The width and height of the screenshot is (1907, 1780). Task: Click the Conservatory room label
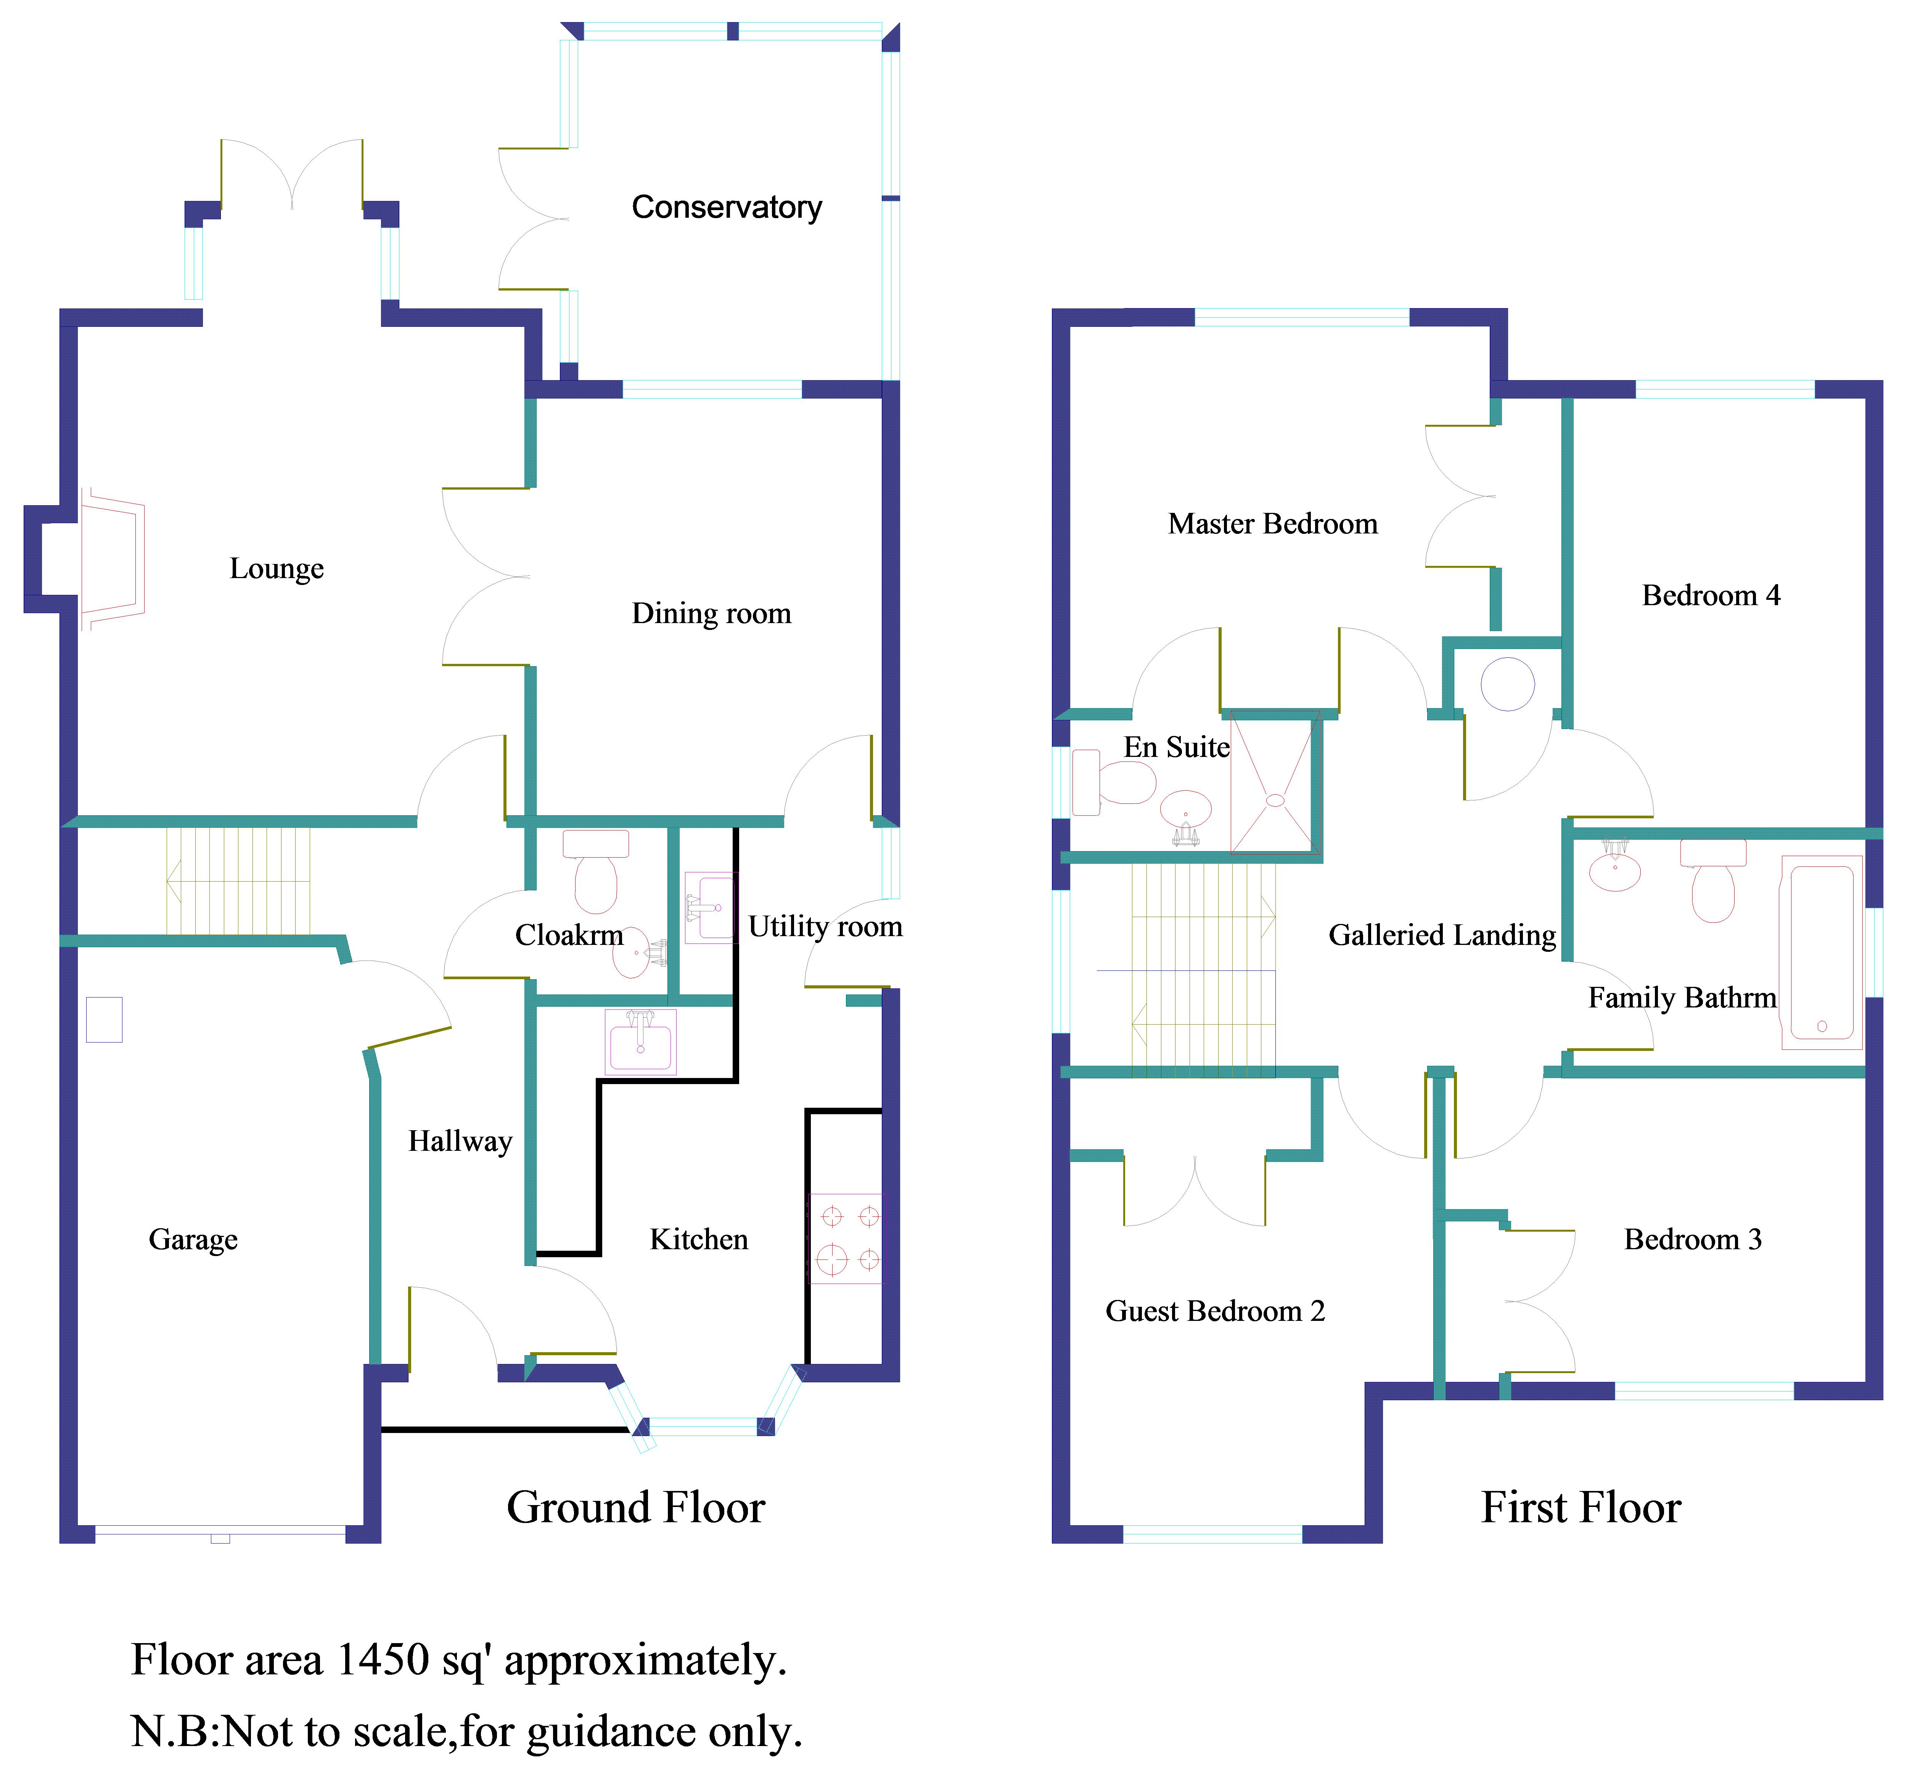(x=726, y=207)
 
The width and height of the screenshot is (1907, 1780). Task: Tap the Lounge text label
(x=276, y=569)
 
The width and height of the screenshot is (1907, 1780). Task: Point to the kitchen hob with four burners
(x=845, y=1238)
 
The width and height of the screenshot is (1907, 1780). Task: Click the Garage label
(x=193, y=1240)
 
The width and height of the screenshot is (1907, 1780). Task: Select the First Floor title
(x=1581, y=1507)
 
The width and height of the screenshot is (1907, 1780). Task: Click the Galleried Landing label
(x=1442, y=935)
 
